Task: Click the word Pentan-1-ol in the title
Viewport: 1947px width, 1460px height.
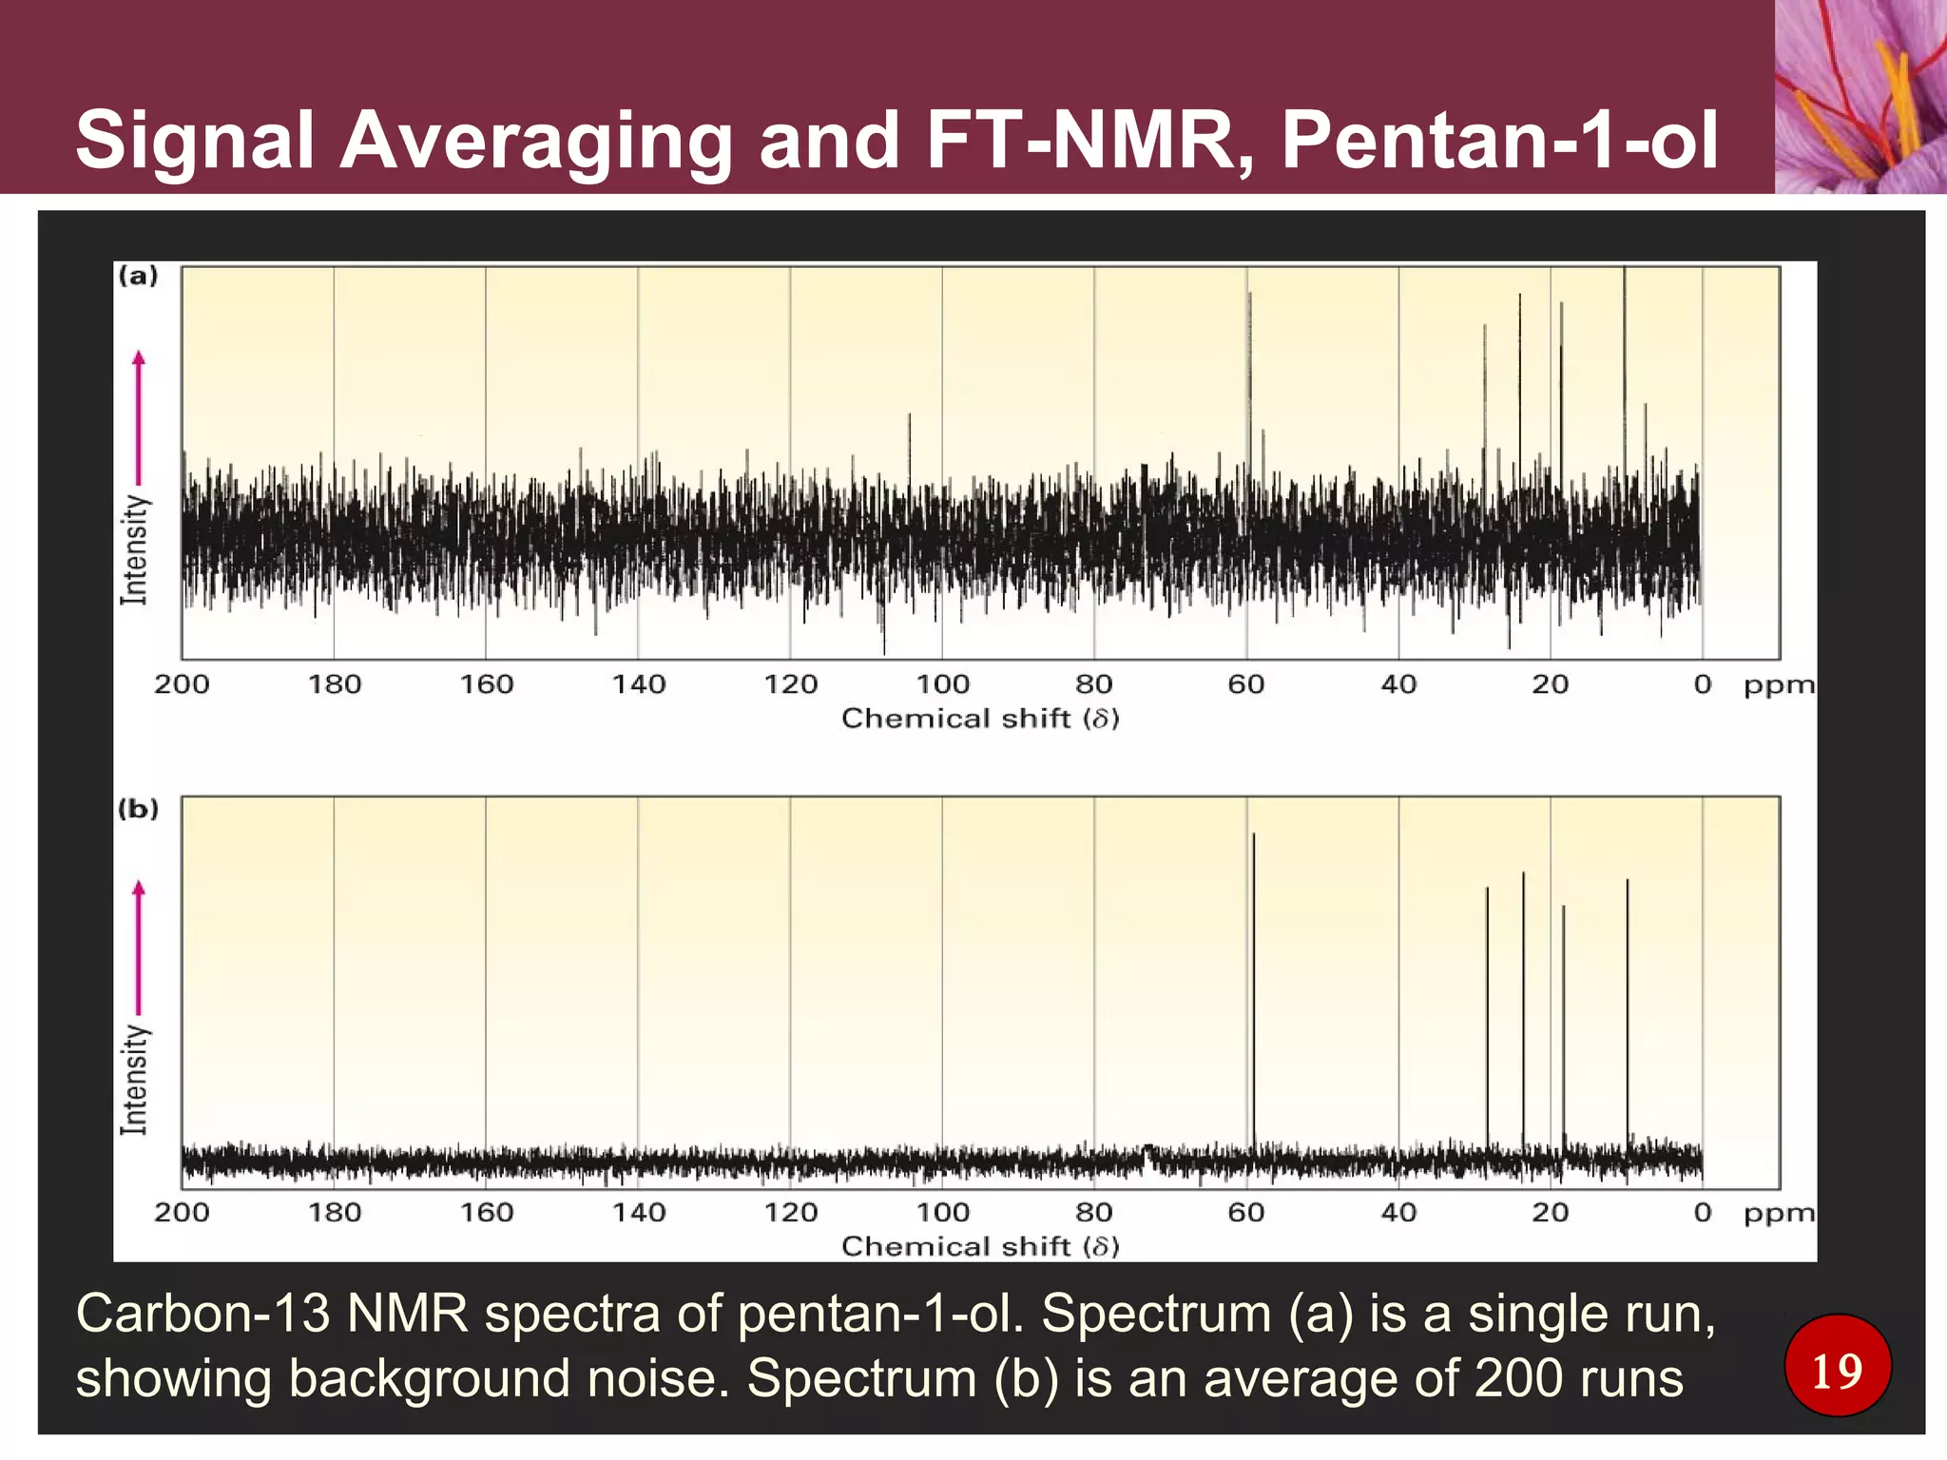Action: (x=1499, y=141)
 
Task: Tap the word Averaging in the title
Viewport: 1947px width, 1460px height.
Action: (x=535, y=141)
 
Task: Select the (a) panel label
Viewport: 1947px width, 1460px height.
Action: (x=138, y=277)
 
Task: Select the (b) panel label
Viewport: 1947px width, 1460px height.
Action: (x=138, y=809)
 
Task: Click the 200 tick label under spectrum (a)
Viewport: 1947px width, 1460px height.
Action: (x=182, y=684)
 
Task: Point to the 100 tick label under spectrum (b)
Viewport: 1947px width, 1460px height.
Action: (x=942, y=1213)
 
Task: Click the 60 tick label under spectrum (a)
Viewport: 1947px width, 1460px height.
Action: (x=1246, y=684)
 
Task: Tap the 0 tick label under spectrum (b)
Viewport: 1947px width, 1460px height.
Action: (x=1703, y=1213)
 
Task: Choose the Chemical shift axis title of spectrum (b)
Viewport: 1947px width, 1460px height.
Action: (x=980, y=1246)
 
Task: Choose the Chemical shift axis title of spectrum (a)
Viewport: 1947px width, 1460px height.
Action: (x=980, y=719)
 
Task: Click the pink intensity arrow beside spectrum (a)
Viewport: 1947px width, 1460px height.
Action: (x=139, y=418)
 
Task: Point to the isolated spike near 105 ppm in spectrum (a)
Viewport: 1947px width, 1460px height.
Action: (x=910, y=447)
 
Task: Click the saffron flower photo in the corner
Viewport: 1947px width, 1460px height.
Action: (x=1860, y=96)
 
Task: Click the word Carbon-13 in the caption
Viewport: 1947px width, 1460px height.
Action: (x=202, y=1314)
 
